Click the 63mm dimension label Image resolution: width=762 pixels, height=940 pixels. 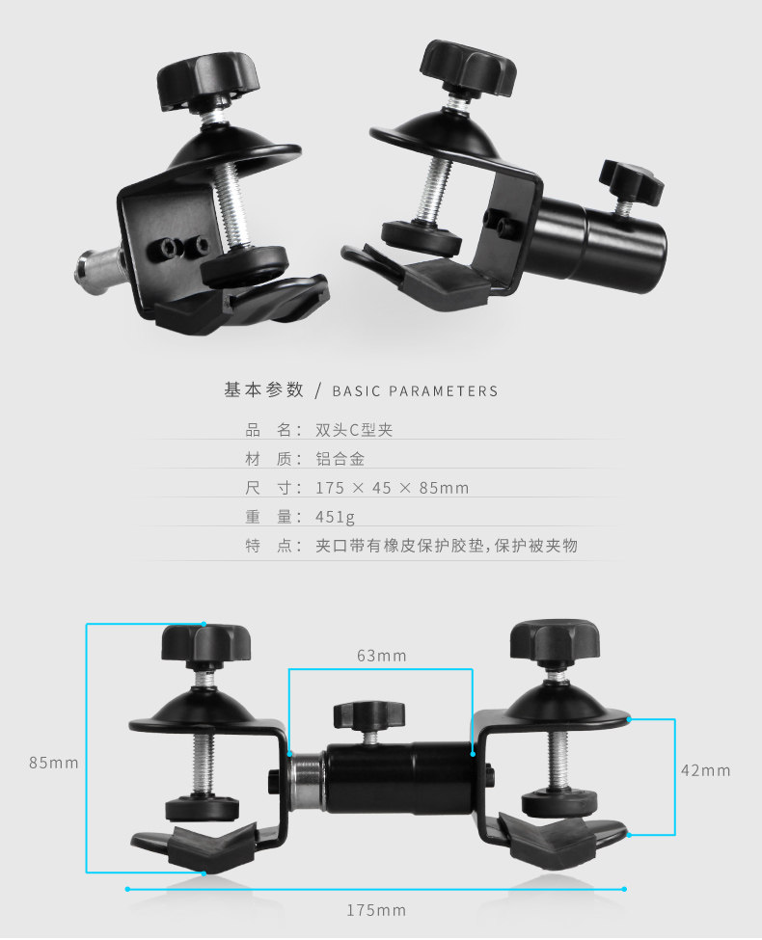(381, 657)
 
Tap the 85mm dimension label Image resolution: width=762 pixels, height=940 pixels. (53, 763)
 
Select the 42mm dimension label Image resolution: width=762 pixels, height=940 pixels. (705, 770)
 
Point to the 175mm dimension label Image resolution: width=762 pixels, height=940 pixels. (376, 910)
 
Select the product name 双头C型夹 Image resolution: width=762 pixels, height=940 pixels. (354, 430)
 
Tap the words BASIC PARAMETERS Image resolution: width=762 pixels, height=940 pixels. (415, 391)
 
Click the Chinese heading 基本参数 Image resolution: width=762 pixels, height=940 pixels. (263, 390)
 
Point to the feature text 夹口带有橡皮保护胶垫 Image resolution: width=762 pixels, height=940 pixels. (400, 546)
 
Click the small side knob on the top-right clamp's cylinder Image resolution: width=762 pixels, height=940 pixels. (632, 182)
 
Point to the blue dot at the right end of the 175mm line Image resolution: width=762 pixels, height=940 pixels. (625, 888)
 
